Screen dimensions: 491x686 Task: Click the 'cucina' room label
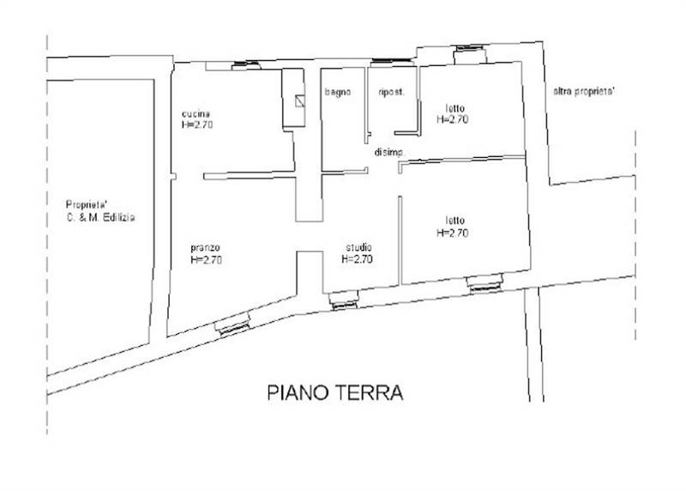coord(196,114)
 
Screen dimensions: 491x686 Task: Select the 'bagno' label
coord(337,93)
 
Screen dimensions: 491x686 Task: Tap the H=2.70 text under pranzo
coord(207,260)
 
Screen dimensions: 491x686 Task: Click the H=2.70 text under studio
coord(357,258)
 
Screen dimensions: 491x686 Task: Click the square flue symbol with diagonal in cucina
coord(298,100)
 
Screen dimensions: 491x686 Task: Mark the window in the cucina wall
coord(247,64)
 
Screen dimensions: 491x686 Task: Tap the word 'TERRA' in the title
coord(370,394)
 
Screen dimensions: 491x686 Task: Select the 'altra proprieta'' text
coord(583,90)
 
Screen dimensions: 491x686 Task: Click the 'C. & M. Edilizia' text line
coord(100,218)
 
